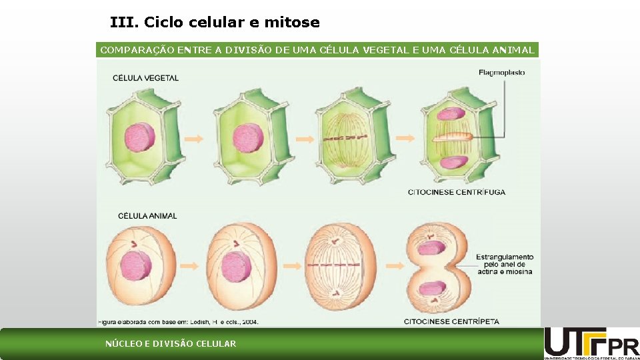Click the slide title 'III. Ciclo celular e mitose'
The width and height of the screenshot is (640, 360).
215,23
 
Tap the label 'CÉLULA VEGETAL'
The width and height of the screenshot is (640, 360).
145,78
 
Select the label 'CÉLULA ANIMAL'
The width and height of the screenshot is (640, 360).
147,216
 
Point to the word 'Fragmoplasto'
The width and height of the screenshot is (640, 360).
501,73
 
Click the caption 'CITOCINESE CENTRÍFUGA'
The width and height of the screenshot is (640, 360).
457,192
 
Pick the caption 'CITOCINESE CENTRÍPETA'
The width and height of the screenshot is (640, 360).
451,321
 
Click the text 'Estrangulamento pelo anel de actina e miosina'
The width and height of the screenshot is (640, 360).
505,264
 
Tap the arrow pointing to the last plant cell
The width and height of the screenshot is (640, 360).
405,138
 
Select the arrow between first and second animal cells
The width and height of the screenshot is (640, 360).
190,266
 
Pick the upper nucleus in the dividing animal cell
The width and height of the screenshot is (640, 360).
433,247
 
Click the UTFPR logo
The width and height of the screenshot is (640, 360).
591,343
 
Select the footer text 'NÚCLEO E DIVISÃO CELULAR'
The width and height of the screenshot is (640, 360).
171,344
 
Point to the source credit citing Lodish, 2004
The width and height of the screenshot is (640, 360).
179,321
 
